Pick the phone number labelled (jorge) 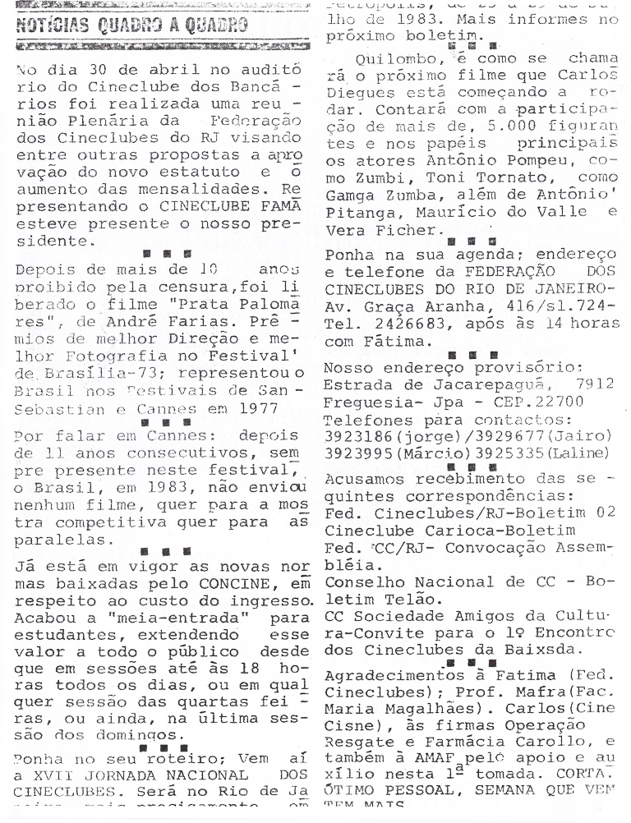click(362, 436)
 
